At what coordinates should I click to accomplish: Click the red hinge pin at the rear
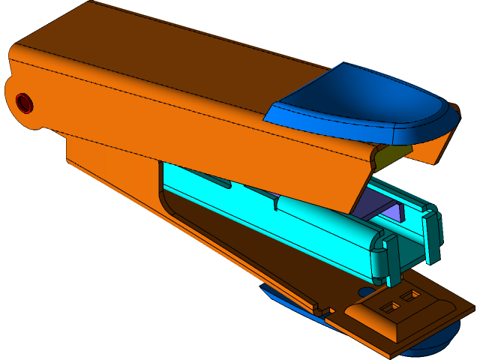coord(24,102)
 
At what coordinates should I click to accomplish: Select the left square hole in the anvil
coord(391,307)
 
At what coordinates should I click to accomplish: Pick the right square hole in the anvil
coord(409,297)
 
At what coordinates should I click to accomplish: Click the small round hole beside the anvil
coord(365,292)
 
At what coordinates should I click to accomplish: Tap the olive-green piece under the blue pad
coord(394,155)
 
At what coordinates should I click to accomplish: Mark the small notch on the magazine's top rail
coord(277,202)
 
